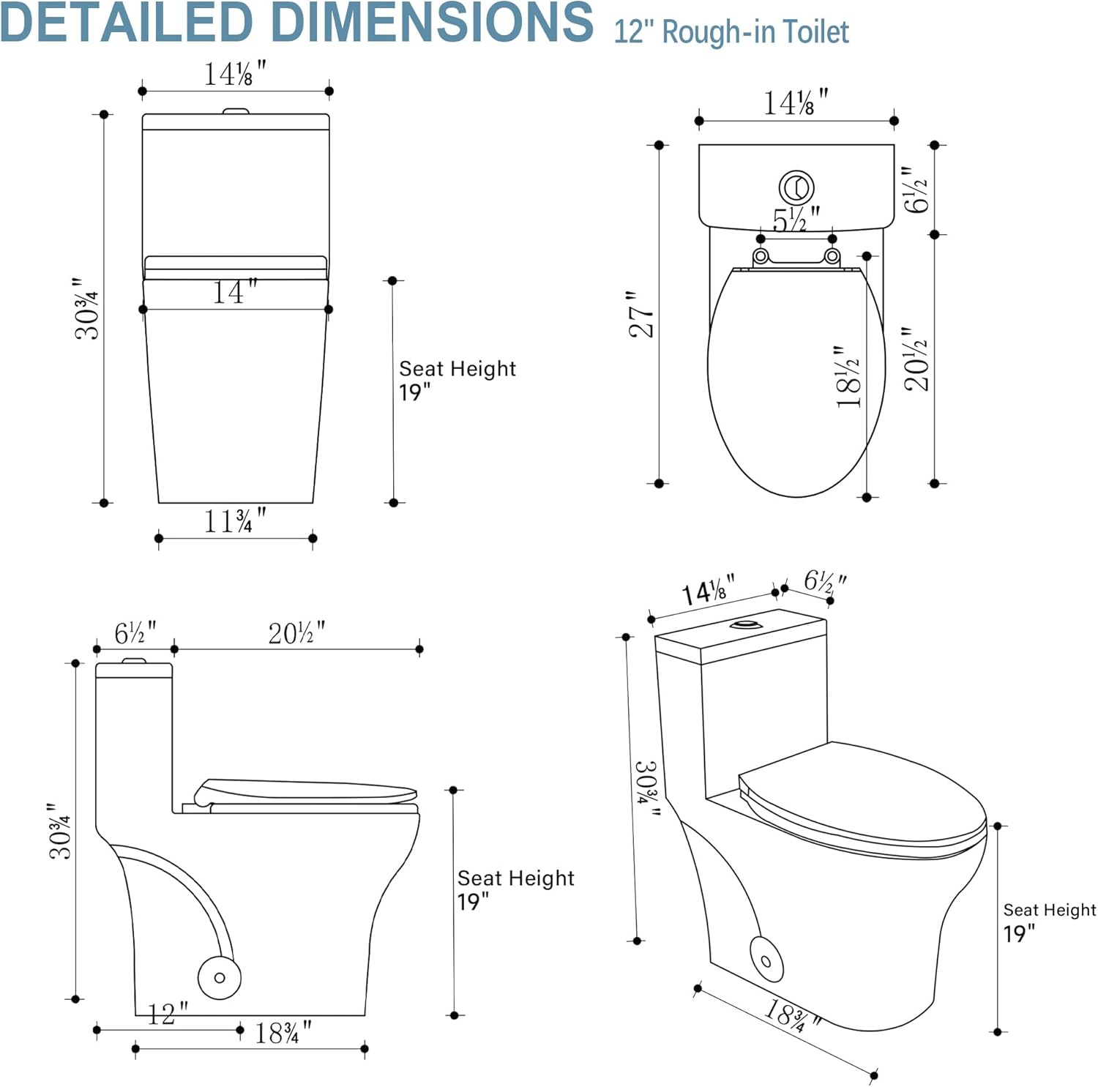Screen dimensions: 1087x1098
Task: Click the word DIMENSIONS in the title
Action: [x=424, y=23]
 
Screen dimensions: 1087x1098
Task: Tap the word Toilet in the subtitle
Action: [x=815, y=33]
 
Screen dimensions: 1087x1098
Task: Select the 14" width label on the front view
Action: [x=234, y=292]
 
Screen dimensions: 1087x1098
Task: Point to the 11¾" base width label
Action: [x=234, y=521]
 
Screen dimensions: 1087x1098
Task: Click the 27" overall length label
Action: [x=640, y=315]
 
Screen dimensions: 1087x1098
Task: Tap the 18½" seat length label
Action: [x=848, y=378]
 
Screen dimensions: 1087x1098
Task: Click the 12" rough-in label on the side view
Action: [x=167, y=1015]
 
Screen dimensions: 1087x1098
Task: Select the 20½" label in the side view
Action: [x=296, y=633]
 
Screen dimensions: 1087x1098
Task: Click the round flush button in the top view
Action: [x=796, y=187]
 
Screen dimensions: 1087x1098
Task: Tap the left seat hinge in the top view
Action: [x=761, y=256]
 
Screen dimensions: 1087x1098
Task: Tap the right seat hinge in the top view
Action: [x=832, y=256]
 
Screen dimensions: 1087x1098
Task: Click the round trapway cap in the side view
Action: [x=219, y=977]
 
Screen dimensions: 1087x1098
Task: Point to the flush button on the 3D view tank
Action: [x=746, y=624]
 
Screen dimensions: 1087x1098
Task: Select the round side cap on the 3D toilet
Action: [x=766, y=960]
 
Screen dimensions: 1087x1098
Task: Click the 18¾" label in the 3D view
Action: [x=791, y=1016]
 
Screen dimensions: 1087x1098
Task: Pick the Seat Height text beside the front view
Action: [x=457, y=369]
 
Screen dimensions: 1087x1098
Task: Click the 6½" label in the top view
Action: [x=916, y=190]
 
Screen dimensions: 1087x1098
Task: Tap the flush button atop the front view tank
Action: [x=236, y=111]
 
